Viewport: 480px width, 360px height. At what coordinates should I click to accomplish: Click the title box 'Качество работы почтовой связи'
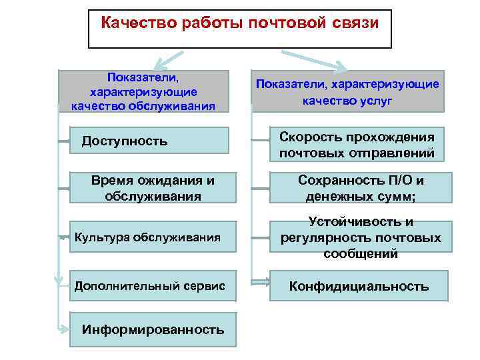[240, 29]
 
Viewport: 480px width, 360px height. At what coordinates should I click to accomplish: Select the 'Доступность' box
[153, 141]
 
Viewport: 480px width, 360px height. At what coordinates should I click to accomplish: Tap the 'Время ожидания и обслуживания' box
[153, 188]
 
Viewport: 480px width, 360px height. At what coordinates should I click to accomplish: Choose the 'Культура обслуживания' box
[153, 236]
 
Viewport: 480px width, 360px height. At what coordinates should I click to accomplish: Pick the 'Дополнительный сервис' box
[153, 286]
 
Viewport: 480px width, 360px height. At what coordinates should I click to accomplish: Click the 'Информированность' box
[153, 329]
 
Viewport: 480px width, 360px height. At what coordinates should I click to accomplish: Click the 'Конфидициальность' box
[359, 287]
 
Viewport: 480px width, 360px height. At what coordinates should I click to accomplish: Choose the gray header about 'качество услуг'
[347, 91]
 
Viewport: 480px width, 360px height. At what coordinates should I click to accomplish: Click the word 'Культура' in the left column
[102, 236]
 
